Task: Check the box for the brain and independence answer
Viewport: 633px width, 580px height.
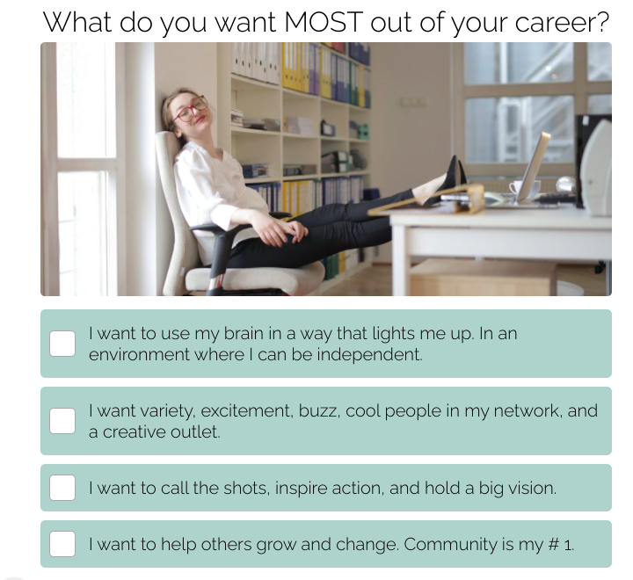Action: (62, 344)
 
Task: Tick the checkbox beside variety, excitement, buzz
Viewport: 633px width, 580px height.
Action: (62, 421)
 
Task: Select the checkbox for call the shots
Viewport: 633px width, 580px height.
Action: (62, 488)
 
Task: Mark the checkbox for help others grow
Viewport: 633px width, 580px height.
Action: (62, 544)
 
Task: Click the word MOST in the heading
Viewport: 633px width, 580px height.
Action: (323, 22)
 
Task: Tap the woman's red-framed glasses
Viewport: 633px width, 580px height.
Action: (190, 108)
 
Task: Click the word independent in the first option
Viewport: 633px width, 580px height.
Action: (369, 354)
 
